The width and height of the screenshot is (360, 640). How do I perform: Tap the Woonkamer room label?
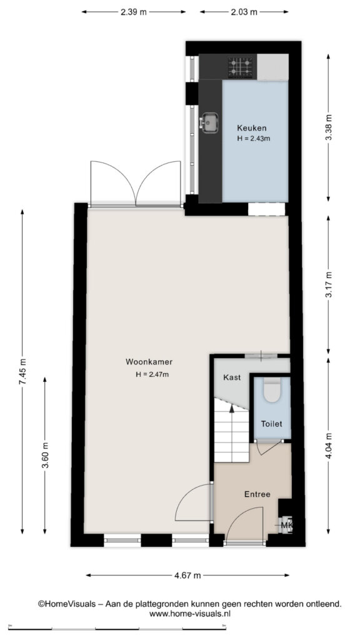click(149, 362)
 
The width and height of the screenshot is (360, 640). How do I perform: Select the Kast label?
click(232, 377)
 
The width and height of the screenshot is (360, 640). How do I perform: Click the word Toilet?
click(271, 424)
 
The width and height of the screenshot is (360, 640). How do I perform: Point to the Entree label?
click(257, 494)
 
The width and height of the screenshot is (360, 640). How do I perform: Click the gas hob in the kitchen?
click(241, 66)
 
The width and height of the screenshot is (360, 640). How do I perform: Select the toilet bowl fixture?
click(271, 390)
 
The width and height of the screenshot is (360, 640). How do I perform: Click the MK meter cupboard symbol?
click(286, 525)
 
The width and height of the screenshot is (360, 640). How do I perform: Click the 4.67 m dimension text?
click(187, 576)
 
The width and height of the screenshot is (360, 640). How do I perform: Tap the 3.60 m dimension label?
click(46, 455)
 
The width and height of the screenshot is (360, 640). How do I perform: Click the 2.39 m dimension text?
click(134, 12)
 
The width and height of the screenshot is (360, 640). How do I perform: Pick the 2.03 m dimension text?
click(244, 12)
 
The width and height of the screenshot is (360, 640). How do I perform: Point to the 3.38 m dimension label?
click(329, 127)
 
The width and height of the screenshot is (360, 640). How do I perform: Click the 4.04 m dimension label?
click(329, 446)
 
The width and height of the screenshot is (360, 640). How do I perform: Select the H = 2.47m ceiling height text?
click(152, 374)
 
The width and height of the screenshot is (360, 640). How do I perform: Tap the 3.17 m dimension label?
click(329, 284)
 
